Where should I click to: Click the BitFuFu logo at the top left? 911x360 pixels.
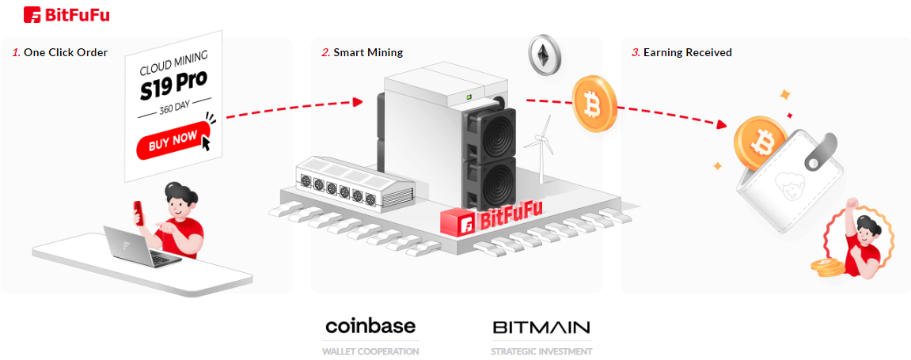[x=66, y=14]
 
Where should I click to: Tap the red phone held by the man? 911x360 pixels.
[x=138, y=211]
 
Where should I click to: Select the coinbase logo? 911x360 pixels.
[x=370, y=326]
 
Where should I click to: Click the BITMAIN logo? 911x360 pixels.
[x=541, y=327]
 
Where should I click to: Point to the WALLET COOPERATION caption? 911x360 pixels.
[x=370, y=351]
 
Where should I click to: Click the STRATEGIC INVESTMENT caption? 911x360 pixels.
[x=541, y=351]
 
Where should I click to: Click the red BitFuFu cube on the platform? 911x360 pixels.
[x=457, y=222]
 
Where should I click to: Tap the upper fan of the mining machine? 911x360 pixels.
[x=492, y=131]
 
